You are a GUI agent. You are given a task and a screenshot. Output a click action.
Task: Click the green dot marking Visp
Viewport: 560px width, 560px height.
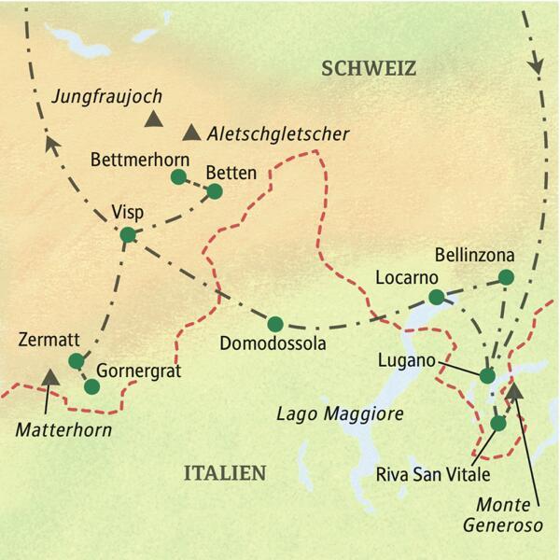click(x=128, y=234)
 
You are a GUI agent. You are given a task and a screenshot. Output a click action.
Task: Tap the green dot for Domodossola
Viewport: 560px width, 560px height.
click(x=274, y=324)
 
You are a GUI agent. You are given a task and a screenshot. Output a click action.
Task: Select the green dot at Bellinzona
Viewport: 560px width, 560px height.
click(x=506, y=276)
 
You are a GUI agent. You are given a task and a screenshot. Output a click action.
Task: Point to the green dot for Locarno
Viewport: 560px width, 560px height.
click(x=435, y=297)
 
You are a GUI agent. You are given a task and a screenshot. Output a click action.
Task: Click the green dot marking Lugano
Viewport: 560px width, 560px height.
click(x=486, y=375)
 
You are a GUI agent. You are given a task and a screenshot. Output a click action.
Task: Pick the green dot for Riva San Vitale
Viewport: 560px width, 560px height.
click(x=498, y=423)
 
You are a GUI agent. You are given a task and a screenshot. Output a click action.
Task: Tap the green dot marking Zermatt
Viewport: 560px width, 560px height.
click(x=76, y=360)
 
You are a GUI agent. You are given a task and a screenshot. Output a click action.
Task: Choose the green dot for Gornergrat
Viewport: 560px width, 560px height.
click(x=91, y=385)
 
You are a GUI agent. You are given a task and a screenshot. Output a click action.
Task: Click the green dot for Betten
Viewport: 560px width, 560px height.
click(x=215, y=191)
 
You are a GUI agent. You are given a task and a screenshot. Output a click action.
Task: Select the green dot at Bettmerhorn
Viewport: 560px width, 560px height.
click(x=178, y=175)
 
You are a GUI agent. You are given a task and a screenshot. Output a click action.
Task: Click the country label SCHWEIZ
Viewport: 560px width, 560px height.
click(x=366, y=68)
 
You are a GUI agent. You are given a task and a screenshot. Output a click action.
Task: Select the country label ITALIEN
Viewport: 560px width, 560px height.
click(x=222, y=473)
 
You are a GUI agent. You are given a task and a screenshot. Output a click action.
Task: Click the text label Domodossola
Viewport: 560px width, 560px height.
click(x=272, y=346)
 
